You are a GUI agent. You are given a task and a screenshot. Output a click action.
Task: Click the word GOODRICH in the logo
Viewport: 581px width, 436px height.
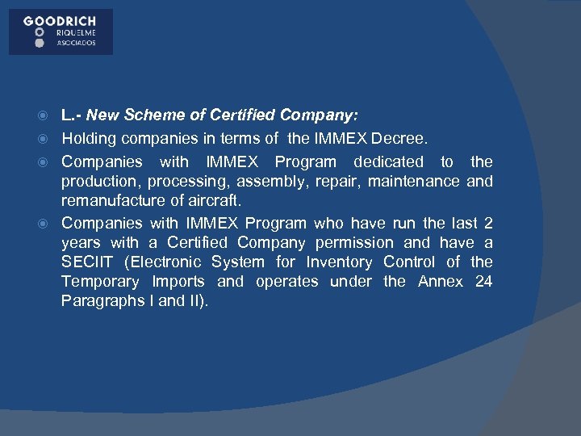point(61,21)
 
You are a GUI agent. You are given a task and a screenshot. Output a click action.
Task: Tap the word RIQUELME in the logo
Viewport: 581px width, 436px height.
point(75,32)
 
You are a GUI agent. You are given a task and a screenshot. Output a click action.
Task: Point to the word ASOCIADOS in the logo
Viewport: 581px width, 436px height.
point(75,43)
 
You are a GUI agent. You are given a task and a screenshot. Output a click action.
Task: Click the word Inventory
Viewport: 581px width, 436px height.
point(340,262)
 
